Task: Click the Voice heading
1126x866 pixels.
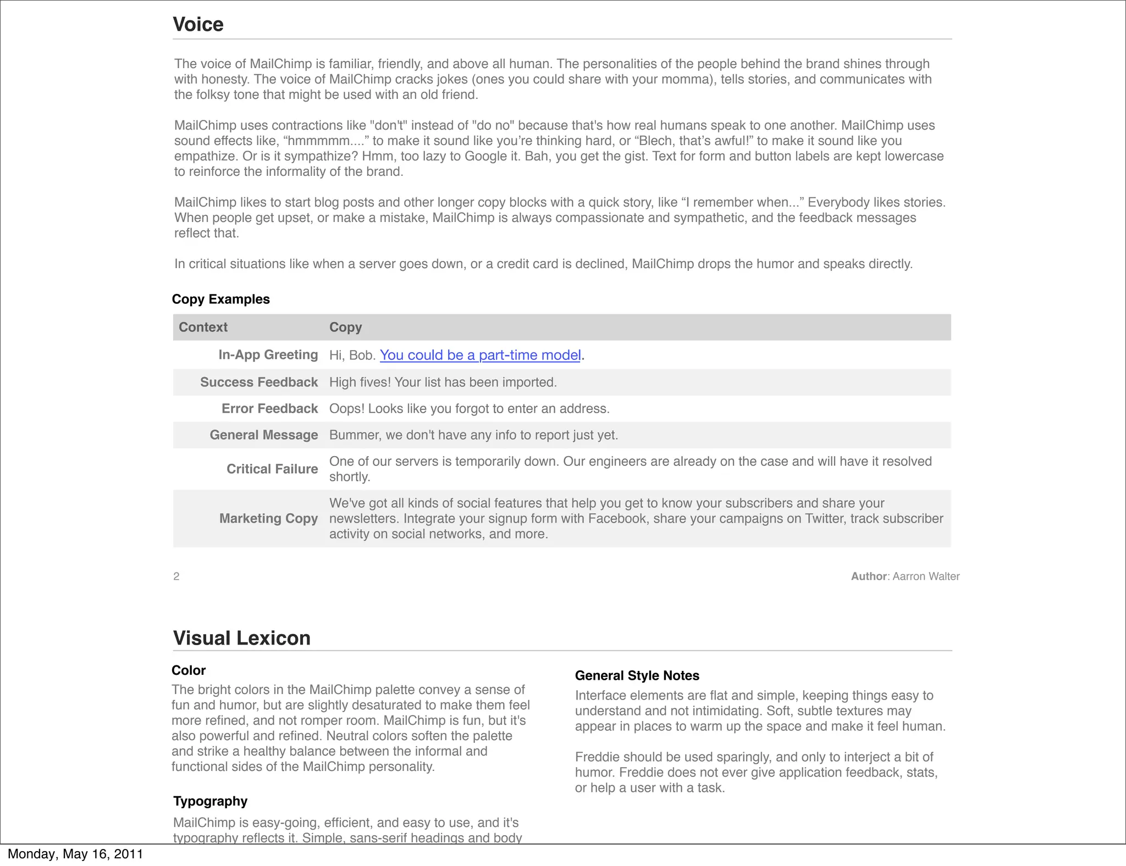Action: tap(198, 25)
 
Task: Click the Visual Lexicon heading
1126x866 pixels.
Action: tap(241, 638)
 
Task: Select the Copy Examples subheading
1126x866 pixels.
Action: tap(220, 299)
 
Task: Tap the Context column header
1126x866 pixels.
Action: tap(203, 327)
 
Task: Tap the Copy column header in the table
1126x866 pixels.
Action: tap(345, 327)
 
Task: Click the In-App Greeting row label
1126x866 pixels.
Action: tap(268, 355)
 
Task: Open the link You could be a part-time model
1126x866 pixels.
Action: tap(480, 356)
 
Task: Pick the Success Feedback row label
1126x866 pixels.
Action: tap(258, 382)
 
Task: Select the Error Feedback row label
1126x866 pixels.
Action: tap(269, 409)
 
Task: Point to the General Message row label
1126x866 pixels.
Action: tap(263, 435)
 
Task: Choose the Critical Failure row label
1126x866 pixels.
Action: tap(272, 469)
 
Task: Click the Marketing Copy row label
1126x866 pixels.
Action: tap(268, 519)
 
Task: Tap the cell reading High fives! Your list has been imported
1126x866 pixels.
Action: tap(443, 382)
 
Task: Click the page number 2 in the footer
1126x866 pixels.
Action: tap(176, 576)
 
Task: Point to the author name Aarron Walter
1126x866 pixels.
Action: tap(926, 576)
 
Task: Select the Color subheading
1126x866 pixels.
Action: tap(189, 670)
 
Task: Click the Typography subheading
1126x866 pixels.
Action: tap(210, 801)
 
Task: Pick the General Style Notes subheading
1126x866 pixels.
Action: tap(637, 676)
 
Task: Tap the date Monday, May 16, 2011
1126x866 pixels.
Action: tap(75, 854)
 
